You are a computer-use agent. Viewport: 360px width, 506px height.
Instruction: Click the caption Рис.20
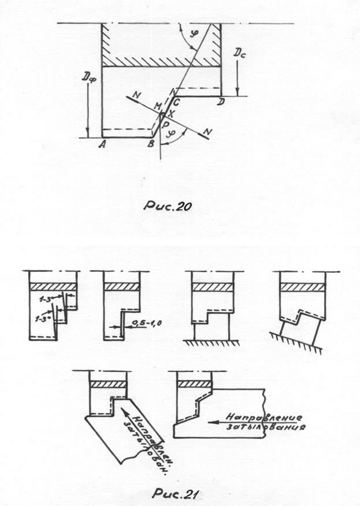pyautogui.click(x=168, y=205)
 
